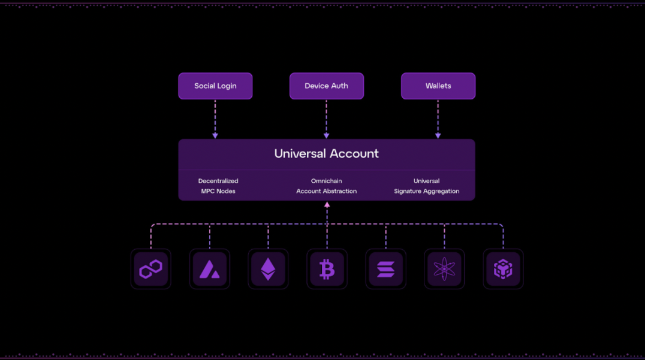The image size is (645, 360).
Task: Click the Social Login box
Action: pos(215,86)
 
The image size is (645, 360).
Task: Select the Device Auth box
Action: pos(326,86)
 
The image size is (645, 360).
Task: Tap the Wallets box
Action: pos(438,86)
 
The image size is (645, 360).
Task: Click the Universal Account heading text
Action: pos(326,153)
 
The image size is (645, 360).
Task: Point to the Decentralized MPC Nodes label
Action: pos(218,186)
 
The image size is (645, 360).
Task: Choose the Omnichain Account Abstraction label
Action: pos(326,186)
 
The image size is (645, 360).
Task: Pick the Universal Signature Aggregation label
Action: pos(426,186)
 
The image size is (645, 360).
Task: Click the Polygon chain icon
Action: pos(150,269)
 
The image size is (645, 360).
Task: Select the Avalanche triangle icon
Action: pos(209,269)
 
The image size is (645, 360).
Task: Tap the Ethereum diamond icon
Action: pos(268,269)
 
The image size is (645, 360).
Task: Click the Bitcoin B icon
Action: pos(327,269)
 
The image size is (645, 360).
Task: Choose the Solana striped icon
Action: pos(385,269)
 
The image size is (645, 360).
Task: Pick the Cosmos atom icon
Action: pos(444,269)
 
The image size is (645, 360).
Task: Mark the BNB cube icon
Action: pos(503,269)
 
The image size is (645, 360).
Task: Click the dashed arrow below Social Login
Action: pos(215,119)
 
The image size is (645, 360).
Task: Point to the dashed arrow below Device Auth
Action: pos(326,119)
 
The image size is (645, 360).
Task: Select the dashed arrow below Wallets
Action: pos(438,119)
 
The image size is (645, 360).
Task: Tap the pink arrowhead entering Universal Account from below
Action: pos(327,205)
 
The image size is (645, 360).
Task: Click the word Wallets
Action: pos(438,86)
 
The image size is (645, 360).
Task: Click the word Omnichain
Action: pos(326,181)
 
